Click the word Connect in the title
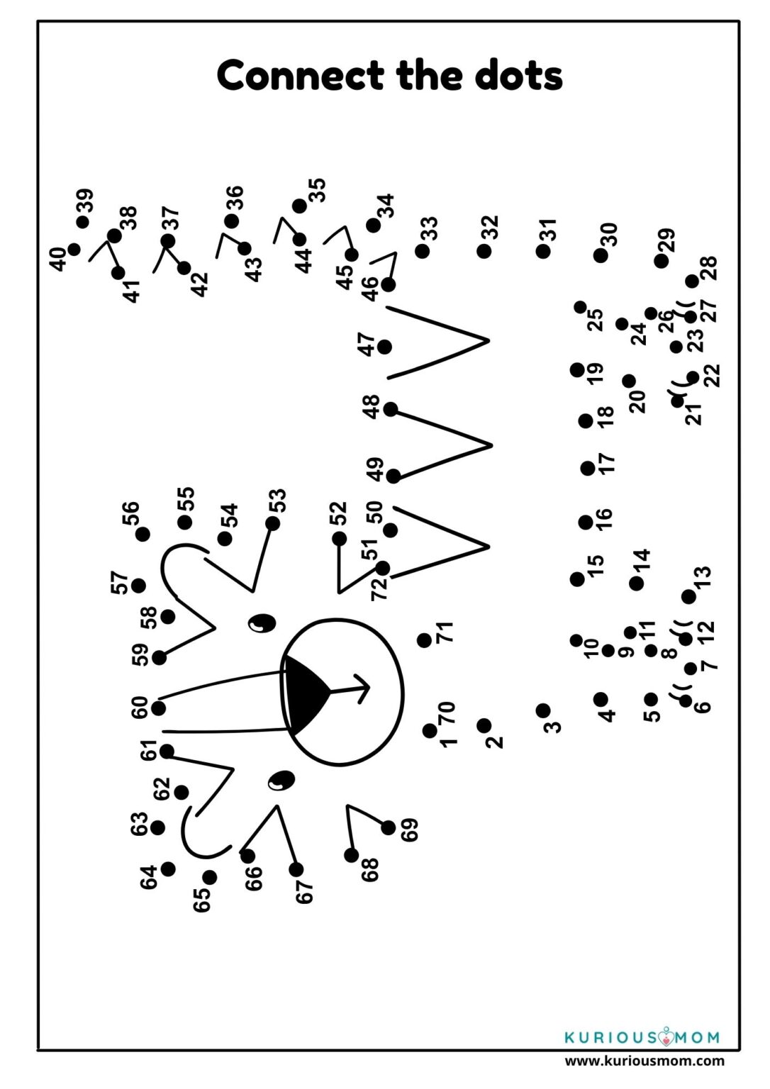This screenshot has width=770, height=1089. tap(300, 75)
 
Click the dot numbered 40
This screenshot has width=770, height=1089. tap(74, 250)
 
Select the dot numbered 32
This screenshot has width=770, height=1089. tap(484, 252)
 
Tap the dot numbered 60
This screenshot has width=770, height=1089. tap(159, 708)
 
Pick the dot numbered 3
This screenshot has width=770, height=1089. tap(543, 710)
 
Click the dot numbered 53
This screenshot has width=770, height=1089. tap(273, 524)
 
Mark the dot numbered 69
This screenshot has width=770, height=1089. tap(389, 827)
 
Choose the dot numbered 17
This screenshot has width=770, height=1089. tap(588, 468)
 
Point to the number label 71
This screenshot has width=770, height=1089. tap(445, 632)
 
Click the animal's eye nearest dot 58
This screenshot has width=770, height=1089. tap(262, 623)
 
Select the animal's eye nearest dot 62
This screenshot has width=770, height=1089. tap(282, 781)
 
